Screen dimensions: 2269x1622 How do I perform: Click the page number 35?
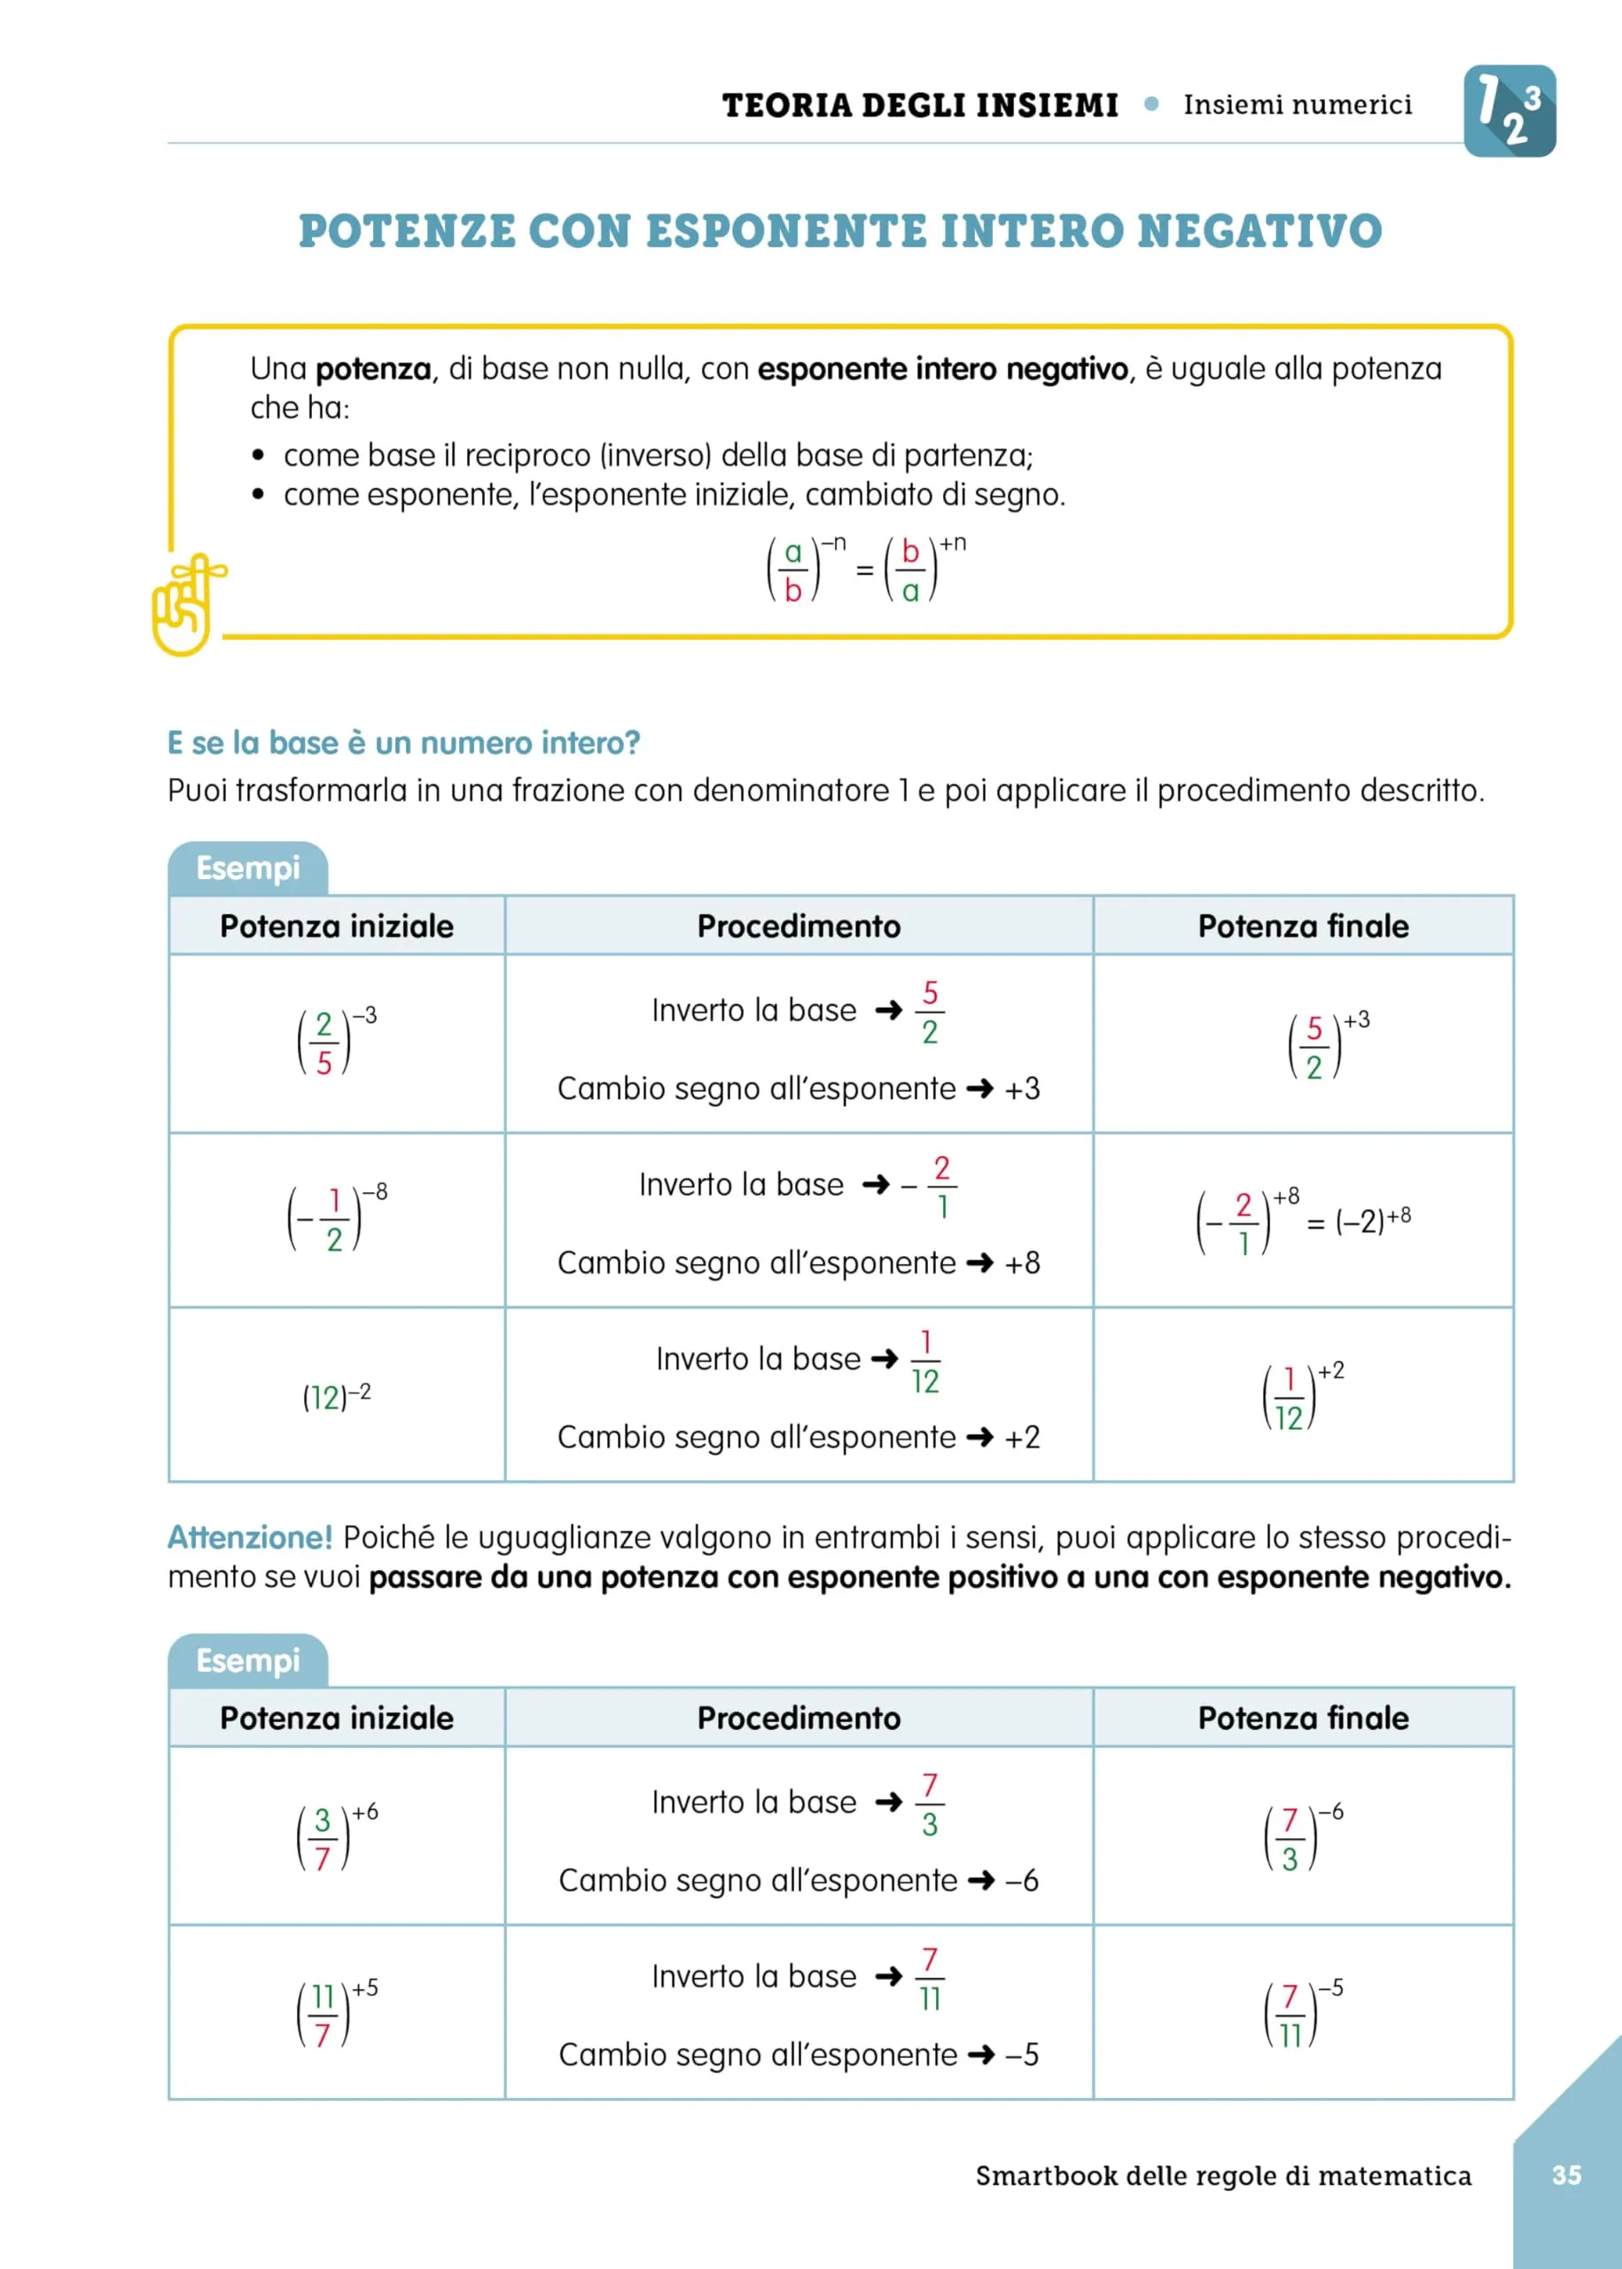(x=1566, y=2174)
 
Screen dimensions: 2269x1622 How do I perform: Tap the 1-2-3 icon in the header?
(x=1509, y=111)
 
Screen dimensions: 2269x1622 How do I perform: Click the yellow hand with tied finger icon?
(x=186, y=605)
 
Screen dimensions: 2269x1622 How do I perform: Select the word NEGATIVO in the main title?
(x=1259, y=230)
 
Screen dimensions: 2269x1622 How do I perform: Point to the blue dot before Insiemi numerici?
(x=1151, y=104)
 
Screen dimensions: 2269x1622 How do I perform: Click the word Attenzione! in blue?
(x=250, y=1537)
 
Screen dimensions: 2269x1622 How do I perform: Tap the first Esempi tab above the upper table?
(x=247, y=868)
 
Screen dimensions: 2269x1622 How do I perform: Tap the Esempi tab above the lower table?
(x=247, y=1660)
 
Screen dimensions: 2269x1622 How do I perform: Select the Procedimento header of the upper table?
(x=798, y=926)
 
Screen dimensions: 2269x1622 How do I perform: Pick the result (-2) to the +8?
(x=1373, y=1220)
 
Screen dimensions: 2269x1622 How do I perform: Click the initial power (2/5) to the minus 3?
(x=337, y=1041)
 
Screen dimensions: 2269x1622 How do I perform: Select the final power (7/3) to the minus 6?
(x=1302, y=1836)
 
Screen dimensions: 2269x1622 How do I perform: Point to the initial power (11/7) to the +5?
(x=337, y=2012)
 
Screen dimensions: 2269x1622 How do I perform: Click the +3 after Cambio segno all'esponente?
(x=1022, y=1088)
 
